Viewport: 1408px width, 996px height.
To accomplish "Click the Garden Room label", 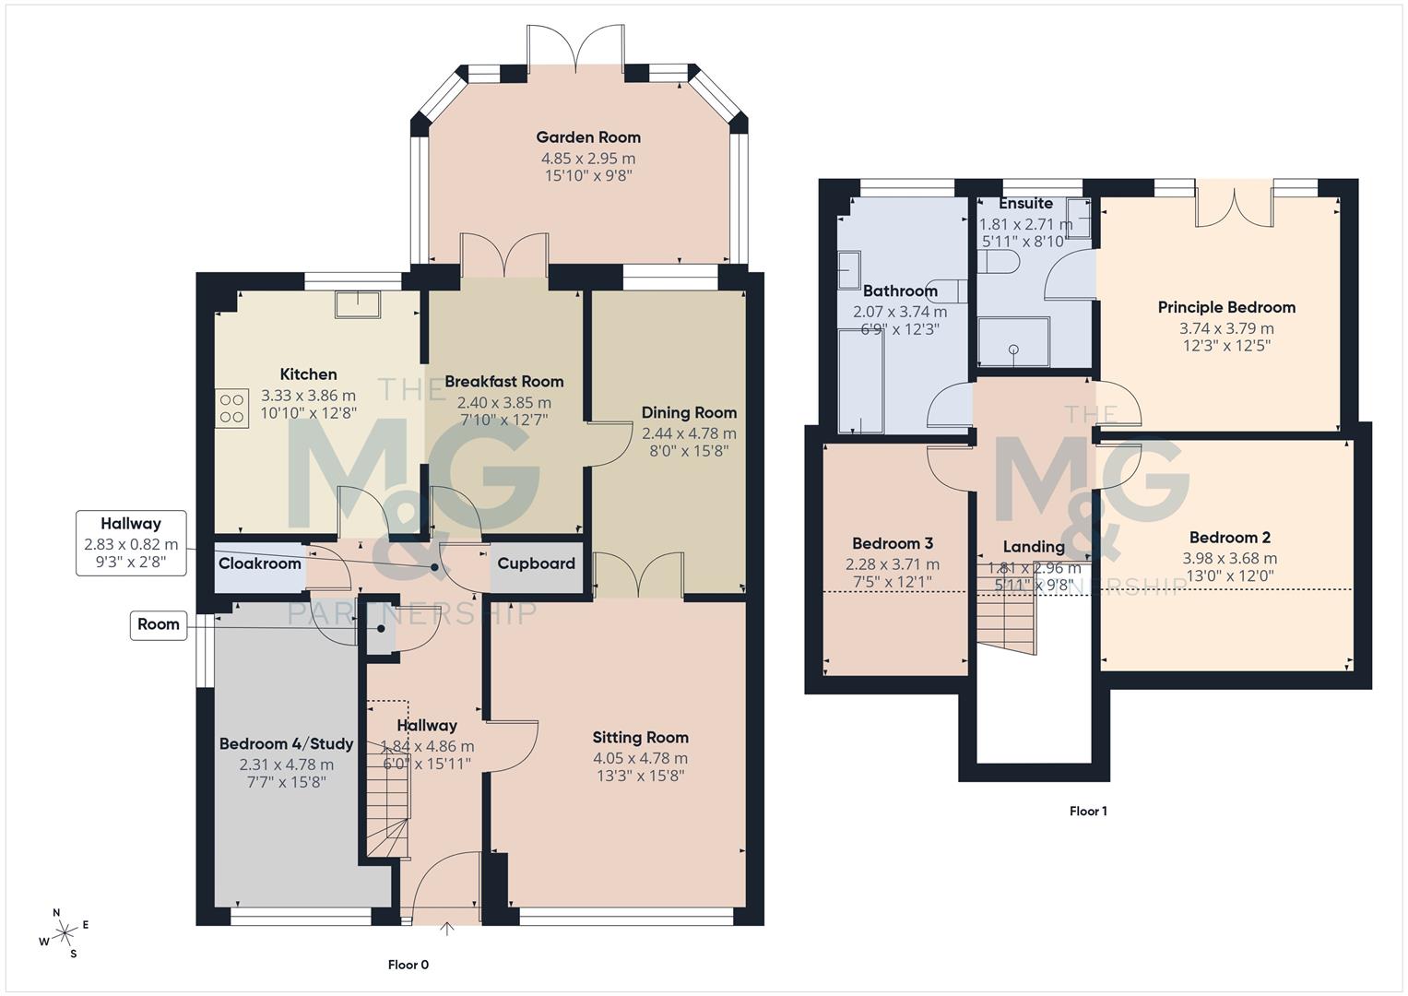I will point(588,137).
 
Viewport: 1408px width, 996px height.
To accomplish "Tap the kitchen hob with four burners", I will point(232,409).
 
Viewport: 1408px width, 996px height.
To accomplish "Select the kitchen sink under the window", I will point(358,303).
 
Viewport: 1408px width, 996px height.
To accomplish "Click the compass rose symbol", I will point(65,933).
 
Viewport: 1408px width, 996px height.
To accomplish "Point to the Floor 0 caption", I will point(408,965).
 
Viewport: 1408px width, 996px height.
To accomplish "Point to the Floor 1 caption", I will point(1088,811).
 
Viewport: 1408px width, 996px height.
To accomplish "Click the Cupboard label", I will point(536,563).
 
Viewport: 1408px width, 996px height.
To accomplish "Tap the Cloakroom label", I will point(259,563).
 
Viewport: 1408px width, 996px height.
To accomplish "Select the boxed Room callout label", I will point(159,624).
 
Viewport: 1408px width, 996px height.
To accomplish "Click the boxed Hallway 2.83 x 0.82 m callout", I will point(131,542).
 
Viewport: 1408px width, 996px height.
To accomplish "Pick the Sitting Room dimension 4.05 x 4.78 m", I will point(640,758).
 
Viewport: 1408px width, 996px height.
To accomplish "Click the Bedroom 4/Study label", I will point(286,743).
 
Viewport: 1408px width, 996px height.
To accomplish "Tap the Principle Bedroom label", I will point(1226,307).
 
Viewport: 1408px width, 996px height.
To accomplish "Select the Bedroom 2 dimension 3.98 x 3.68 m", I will point(1229,558).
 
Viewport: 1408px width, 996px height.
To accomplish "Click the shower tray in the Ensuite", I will point(1013,341).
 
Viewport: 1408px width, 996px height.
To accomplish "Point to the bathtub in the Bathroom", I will point(860,380).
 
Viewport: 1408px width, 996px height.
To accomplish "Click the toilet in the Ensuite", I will point(999,263).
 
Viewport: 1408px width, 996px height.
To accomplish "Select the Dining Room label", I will point(689,412).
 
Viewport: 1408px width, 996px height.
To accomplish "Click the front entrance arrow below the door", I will point(448,930).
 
